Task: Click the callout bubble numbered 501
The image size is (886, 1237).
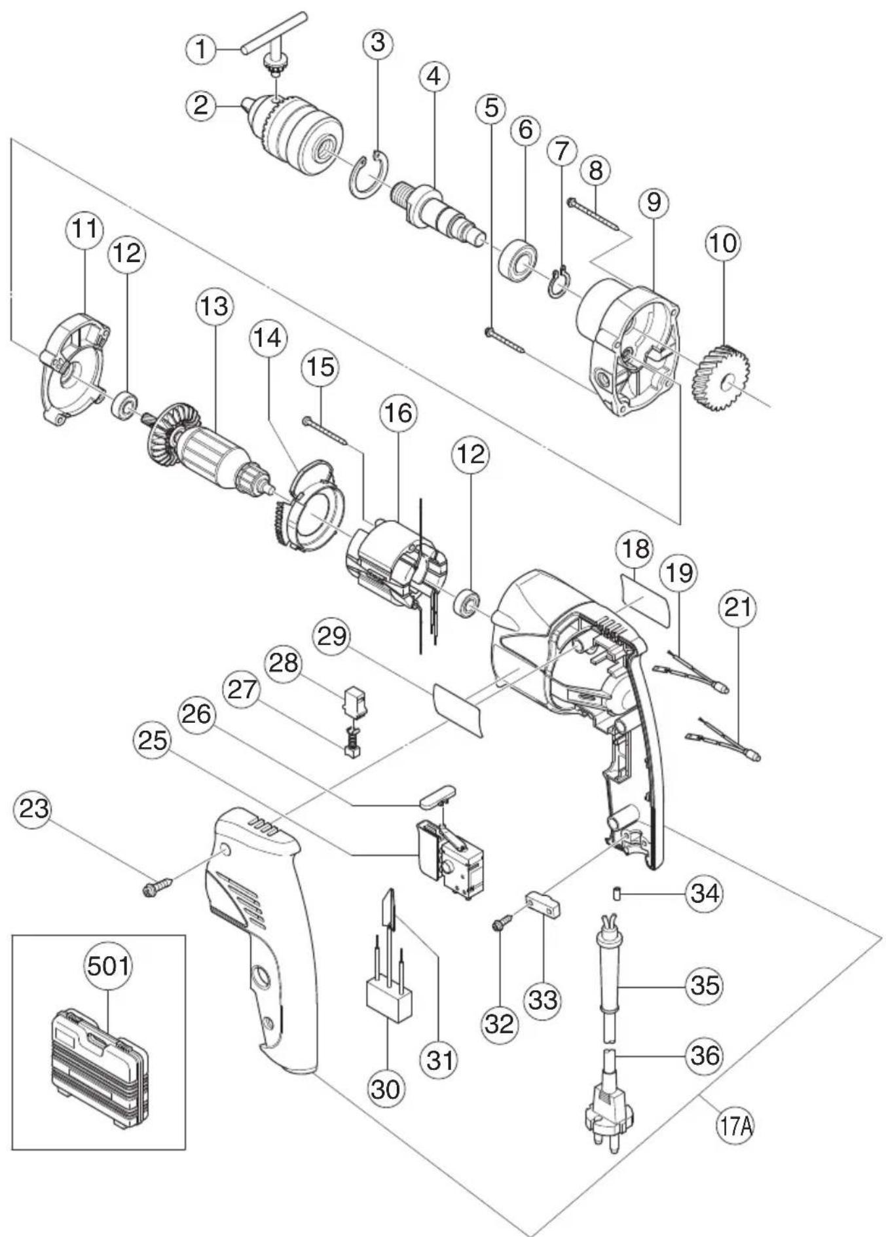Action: tap(108, 966)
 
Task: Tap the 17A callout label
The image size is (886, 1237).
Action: tap(735, 1127)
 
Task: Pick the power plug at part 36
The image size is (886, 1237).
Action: tap(604, 1103)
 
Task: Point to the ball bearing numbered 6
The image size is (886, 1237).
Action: tap(518, 261)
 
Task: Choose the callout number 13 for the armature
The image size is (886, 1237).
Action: tap(215, 306)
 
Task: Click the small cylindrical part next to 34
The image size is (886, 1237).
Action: tap(616, 893)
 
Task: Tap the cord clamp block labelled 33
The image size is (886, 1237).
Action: tap(544, 906)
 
